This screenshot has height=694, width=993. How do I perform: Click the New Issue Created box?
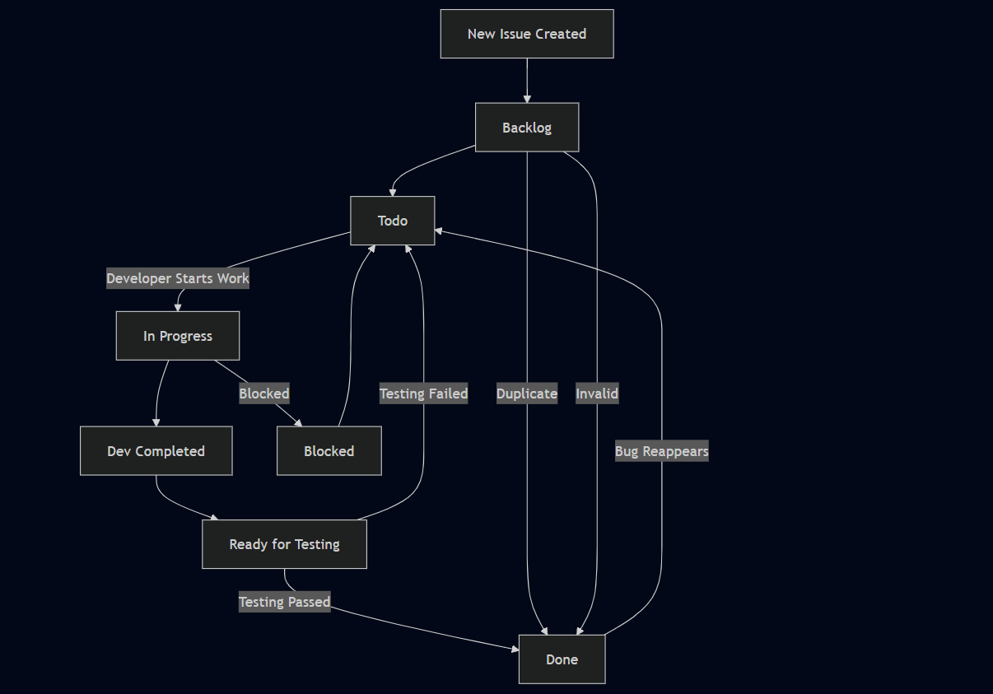[x=527, y=34]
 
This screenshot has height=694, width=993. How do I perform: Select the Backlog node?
[x=527, y=128]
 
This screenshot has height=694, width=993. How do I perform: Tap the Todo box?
[x=393, y=221]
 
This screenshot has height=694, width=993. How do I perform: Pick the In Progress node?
[x=178, y=336]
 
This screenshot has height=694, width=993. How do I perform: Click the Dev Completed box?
[x=156, y=451]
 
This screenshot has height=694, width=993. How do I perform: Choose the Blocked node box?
[x=329, y=451]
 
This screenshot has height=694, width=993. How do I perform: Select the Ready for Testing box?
[x=285, y=544]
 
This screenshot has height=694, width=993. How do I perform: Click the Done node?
[x=562, y=659]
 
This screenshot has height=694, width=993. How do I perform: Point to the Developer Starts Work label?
[x=178, y=278]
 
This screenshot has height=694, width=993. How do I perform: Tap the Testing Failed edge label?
[x=424, y=394]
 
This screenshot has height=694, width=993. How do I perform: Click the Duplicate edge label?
[x=527, y=394]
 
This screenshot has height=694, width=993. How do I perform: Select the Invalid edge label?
[x=597, y=394]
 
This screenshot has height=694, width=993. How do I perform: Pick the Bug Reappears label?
[x=662, y=451]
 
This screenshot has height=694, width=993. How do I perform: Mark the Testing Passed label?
[x=285, y=602]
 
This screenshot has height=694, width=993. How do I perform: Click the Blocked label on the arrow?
[x=264, y=394]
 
